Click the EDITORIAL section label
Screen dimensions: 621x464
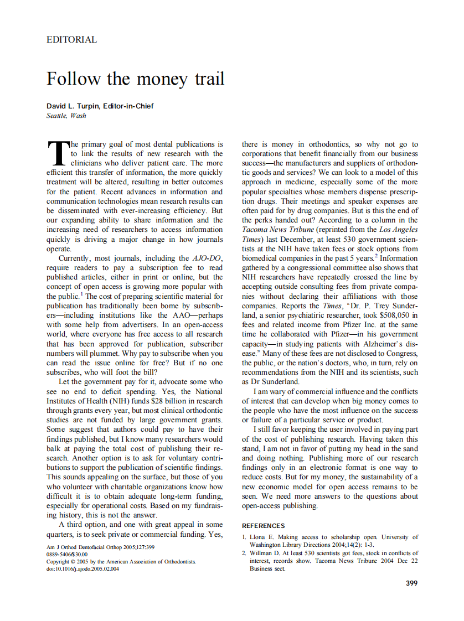click(72, 40)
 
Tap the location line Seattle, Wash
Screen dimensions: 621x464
click(66, 116)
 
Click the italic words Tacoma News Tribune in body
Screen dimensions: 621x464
click(277, 229)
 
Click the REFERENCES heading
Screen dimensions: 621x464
click(264, 526)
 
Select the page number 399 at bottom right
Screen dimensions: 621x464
click(411, 583)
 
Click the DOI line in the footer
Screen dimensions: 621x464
click(83, 569)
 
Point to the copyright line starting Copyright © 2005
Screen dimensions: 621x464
click(121, 561)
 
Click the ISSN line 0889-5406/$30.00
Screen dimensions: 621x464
click(67, 553)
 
